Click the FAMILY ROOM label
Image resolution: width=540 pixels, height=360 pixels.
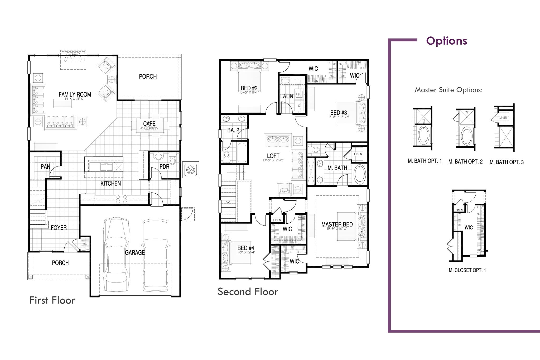coord(75,94)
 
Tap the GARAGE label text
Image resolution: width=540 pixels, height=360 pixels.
coord(135,252)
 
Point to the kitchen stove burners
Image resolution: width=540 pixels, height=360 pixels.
coord(122,199)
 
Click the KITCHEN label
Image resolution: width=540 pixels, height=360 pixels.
coord(110,183)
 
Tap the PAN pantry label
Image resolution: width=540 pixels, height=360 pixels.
coord(45,166)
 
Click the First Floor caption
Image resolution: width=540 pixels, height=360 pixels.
coord(52,300)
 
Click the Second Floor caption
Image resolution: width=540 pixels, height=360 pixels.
coord(248,292)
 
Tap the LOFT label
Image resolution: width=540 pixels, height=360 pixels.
coord(273,156)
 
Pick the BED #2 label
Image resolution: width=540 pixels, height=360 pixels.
coord(249,88)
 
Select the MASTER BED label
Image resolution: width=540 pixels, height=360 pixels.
coord(337,224)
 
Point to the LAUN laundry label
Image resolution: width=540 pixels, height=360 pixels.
coord(287,96)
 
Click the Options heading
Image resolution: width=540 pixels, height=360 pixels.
coord(446,41)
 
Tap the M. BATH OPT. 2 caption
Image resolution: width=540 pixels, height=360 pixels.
coord(465,162)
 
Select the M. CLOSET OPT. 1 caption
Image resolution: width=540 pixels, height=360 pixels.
coord(467,270)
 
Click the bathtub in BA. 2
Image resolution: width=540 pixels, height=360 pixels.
coord(242,153)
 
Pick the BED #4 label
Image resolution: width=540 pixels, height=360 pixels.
coord(245,248)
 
